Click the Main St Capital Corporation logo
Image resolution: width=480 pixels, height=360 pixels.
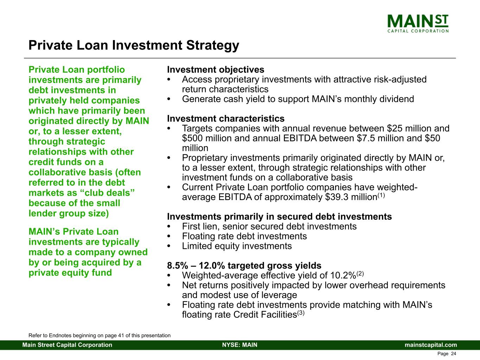418,24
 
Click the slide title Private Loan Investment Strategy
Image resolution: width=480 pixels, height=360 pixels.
134,45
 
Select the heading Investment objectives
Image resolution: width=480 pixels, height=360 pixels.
216,70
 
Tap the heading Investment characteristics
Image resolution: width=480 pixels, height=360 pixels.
226,118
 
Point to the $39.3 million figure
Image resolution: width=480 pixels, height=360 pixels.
351,197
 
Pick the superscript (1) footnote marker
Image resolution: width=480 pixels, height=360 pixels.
382,195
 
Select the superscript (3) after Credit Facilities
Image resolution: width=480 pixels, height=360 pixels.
301,313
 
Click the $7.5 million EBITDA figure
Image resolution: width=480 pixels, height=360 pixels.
385,139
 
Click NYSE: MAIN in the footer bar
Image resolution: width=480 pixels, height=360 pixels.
240,345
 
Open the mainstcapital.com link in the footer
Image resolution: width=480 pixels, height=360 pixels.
431,345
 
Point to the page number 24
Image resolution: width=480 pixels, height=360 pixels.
454,354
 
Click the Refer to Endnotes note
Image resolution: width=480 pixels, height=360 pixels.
100,335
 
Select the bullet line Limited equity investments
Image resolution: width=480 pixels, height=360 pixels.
237,246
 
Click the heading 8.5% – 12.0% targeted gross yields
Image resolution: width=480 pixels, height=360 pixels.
244,265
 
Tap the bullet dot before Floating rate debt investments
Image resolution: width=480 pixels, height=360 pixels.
168,237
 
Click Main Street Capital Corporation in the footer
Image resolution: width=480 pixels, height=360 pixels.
67,345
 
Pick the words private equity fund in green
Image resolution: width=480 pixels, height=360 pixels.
70,273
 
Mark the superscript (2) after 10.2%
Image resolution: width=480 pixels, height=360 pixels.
360,274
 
